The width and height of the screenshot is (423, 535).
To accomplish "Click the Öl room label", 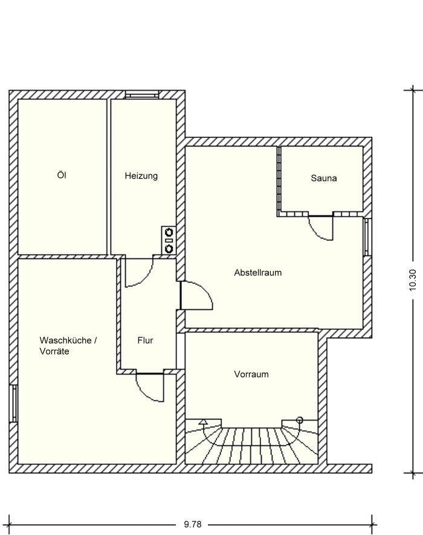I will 61,176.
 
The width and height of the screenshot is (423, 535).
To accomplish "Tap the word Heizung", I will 141,176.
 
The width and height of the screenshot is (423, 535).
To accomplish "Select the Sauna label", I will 323,179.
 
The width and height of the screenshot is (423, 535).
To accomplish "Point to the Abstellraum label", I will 258,273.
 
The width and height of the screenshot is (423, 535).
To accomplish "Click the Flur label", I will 145,341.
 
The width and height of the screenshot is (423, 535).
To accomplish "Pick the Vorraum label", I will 251,375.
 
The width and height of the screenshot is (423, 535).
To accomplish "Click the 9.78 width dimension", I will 192,525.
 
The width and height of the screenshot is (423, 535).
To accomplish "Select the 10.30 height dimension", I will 413,280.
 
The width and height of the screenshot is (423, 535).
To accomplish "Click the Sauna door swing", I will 321,228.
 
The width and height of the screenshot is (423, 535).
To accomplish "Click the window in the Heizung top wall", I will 141,94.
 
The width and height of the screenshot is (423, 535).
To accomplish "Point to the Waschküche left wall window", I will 13,403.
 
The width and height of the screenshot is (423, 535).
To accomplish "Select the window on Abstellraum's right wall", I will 367,237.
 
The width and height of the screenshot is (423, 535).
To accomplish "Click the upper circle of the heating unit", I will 168,232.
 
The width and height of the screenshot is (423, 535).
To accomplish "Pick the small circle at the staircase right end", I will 300,419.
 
